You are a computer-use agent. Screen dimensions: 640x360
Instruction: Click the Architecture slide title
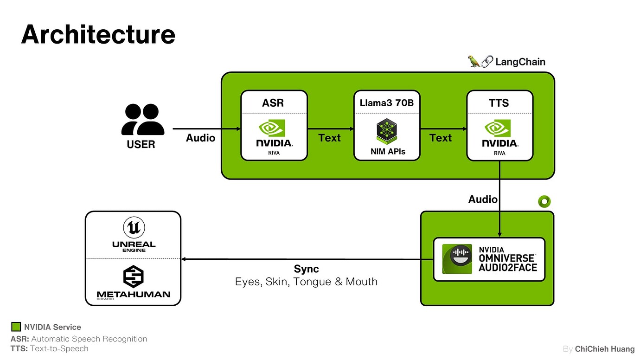click(98, 35)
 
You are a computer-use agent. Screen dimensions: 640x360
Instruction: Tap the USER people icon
click(143, 119)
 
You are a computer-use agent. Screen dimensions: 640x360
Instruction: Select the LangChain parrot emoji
click(474, 61)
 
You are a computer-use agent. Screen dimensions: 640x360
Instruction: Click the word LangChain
click(520, 62)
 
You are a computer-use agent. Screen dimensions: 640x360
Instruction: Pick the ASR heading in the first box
click(273, 103)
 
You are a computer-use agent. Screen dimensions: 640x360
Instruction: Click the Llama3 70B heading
click(387, 103)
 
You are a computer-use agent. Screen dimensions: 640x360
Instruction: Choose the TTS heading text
click(499, 103)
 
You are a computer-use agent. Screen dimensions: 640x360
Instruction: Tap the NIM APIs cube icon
click(387, 131)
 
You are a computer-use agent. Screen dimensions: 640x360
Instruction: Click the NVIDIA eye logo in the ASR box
click(272, 128)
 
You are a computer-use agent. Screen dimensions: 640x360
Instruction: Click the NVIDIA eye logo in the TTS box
click(498, 128)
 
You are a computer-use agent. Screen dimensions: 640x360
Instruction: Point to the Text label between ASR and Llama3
click(329, 138)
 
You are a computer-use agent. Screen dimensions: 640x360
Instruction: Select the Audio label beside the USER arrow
click(200, 138)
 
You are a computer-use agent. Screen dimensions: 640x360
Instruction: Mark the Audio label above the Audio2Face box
click(483, 199)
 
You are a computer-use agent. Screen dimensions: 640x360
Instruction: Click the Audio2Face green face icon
click(457, 259)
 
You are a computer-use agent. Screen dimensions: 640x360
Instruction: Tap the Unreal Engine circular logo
click(134, 227)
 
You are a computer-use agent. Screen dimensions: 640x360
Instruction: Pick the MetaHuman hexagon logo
click(134, 276)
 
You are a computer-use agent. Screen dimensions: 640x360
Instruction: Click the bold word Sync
click(306, 269)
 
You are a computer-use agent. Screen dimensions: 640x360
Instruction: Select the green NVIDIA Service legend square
click(16, 327)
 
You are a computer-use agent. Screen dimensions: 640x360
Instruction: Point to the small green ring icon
click(544, 202)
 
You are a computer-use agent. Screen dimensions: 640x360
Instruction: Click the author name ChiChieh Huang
click(605, 349)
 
